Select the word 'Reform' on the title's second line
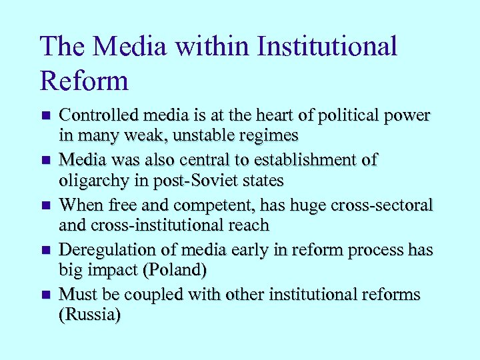coord(84,81)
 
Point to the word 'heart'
coord(256,115)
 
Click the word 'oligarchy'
coord(91,180)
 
